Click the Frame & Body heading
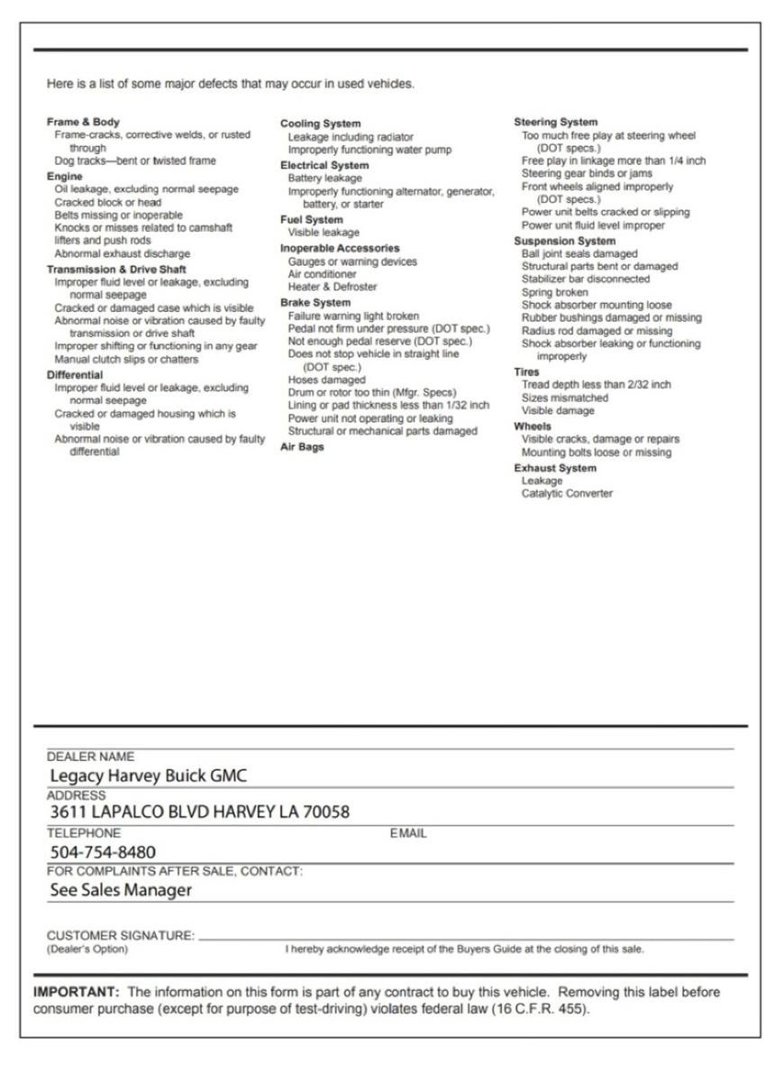[x=83, y=122]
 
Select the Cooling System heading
[x=320, y=124]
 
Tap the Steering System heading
[x=555, y=122]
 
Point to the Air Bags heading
[x=301, y=447]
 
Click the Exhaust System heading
[x=554, y=468]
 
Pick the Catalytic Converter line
[x=567, y=493]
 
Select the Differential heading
[x=75, y=374]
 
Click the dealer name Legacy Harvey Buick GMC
[x=149, y=775]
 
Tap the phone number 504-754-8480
[x=103, y=852]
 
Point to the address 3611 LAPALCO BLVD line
[x=199, y=811]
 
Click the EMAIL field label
[x=408, y=834]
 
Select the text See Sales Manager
[x=121, y=890]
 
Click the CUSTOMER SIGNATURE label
[x=121, y=936]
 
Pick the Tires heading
[x=527, y=371]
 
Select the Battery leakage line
[x=324, y=179]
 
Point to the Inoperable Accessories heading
[x=339, y=248]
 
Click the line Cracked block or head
[x=107, y=202]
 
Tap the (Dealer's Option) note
[x=87, y=949]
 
